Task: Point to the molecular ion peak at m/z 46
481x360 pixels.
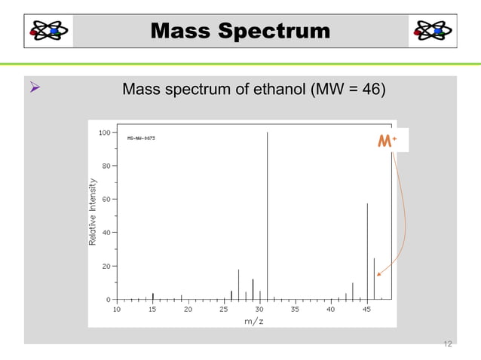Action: pos(374,279)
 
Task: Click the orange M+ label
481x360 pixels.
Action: pos(388,141)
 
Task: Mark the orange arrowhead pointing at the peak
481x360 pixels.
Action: pos(379,275)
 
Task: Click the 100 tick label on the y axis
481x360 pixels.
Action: pos(105,132)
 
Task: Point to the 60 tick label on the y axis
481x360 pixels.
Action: pos(106,199)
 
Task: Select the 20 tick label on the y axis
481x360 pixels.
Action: pos(106,266)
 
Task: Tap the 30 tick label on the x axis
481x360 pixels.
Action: pos(259,309)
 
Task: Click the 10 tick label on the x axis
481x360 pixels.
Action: pos(116,309)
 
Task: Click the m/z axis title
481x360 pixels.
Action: pos(254,321)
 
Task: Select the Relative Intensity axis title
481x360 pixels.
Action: pos(93,212)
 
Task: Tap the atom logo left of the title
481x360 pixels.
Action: pos(49,31)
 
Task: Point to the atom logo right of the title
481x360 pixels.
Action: pos(432,31)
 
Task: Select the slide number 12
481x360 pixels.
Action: pos(447,344)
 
